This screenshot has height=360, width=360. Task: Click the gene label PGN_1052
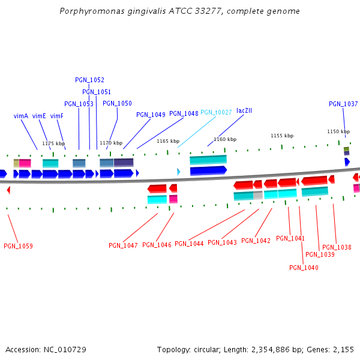(x=89, y=80)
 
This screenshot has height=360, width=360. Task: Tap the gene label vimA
(x=21, y=116)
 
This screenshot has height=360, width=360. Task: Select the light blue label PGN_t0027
(x=216, y=112)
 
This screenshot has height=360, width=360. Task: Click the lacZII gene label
(x=244, y=110)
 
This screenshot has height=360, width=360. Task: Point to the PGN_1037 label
(x=343, y=104)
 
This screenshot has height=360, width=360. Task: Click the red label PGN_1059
(x=18, y=246)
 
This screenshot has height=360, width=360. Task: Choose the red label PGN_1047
(x=123, y=245)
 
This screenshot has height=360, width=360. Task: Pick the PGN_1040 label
(x=304, y=268)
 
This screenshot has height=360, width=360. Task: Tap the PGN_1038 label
(x=337, y=247)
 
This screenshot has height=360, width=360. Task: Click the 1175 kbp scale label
(x=53, y=143)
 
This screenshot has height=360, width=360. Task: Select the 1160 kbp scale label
(x=223, y=139)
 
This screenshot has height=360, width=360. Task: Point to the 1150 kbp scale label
(x=338, y=131)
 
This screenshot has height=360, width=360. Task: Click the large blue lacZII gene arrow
(x=208, y=170)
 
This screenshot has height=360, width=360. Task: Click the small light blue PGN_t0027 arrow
(x=178, y=172)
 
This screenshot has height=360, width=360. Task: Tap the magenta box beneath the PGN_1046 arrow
(x=173, y=199)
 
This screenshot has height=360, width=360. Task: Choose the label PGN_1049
(x=151, y=115)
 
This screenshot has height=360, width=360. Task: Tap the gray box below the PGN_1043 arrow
(x=258, y=195)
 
